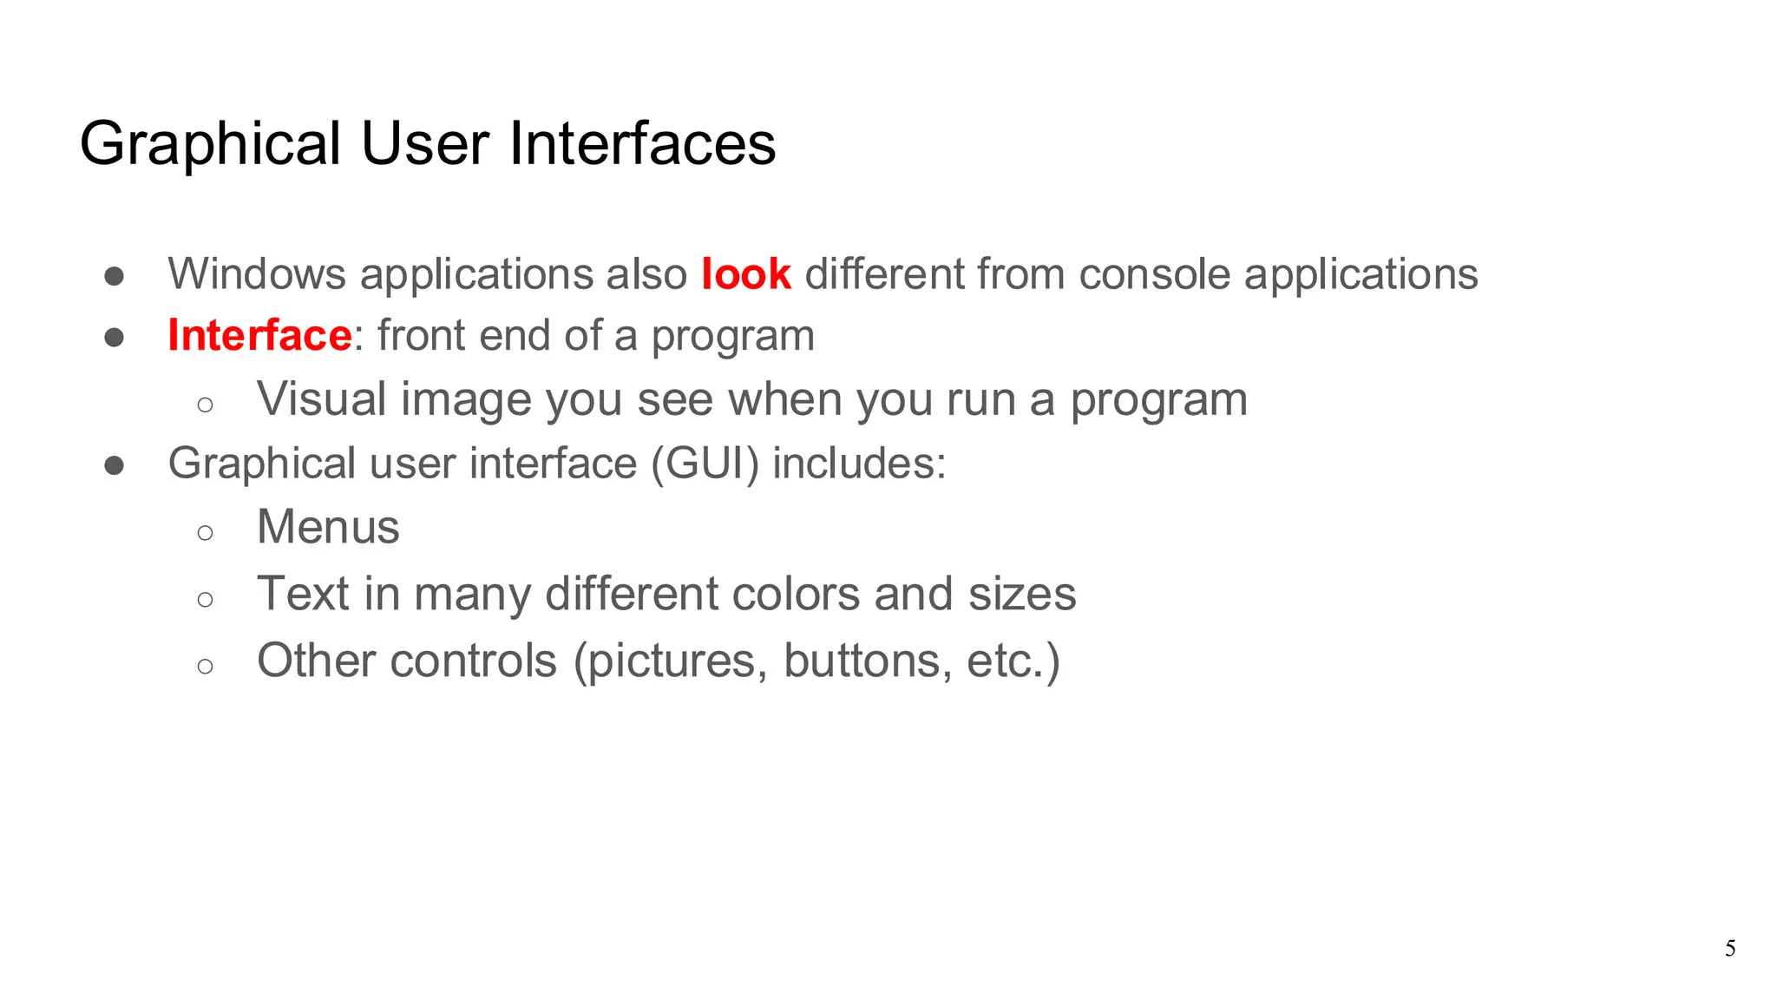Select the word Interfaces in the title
click(x=642, y=144)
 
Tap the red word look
click(x=745, y=274)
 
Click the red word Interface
click(x=259, y=336)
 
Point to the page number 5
click(x=1730, y=949)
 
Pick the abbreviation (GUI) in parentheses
click(x=705, y=463)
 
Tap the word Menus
click(x=328, y=527)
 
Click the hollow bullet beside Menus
click(x=205, y=532)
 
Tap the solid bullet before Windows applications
click(x=114, y=277)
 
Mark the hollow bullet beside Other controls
click(x=205, y=667)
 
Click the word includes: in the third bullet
click(x=859, y=463)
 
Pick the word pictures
click(x=670, y=661)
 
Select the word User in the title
click(x=425, y=144)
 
